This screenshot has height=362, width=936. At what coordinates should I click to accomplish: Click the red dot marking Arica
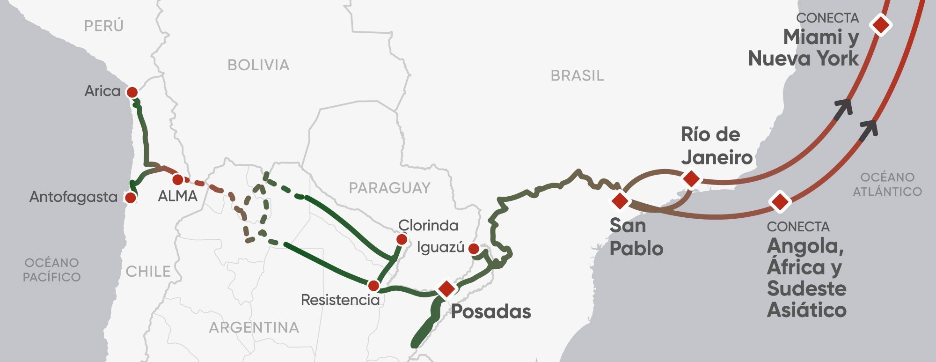click(132, 92)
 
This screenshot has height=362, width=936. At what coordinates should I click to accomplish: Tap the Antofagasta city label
click(73, 197)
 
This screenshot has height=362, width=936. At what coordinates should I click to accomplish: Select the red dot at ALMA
click(177, 179)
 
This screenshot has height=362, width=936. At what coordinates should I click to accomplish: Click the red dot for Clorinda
click(402, 239)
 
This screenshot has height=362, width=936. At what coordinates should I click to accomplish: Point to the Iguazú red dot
click(474, 248)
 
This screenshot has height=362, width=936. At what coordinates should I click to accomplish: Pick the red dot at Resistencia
click(373, 285)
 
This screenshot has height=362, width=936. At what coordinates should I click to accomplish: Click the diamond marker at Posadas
click(446, 288)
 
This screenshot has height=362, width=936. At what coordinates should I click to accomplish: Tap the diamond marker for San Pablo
click(620, 200)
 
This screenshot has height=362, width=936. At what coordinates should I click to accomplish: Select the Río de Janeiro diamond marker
click(691, 178)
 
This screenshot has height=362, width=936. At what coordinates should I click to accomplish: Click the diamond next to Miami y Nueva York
click(881, 24)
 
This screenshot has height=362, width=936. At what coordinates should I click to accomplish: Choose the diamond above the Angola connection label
click(780, 202)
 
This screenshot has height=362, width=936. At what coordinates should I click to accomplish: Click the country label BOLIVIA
click(258, 65)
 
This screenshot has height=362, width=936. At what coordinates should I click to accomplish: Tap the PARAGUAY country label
click(389, 188)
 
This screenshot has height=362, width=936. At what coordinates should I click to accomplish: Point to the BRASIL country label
click(577, 75)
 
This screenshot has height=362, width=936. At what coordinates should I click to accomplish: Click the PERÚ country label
click(104, 26)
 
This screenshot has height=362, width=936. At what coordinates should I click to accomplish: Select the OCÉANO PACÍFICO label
click(51, 270)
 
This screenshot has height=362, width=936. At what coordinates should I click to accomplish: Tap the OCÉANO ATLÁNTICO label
click(887, 184)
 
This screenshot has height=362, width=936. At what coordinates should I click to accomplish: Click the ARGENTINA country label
click(254, 327)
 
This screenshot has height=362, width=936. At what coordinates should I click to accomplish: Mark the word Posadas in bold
click(491, 312)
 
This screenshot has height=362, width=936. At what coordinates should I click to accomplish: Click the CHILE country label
click(148, 272)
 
